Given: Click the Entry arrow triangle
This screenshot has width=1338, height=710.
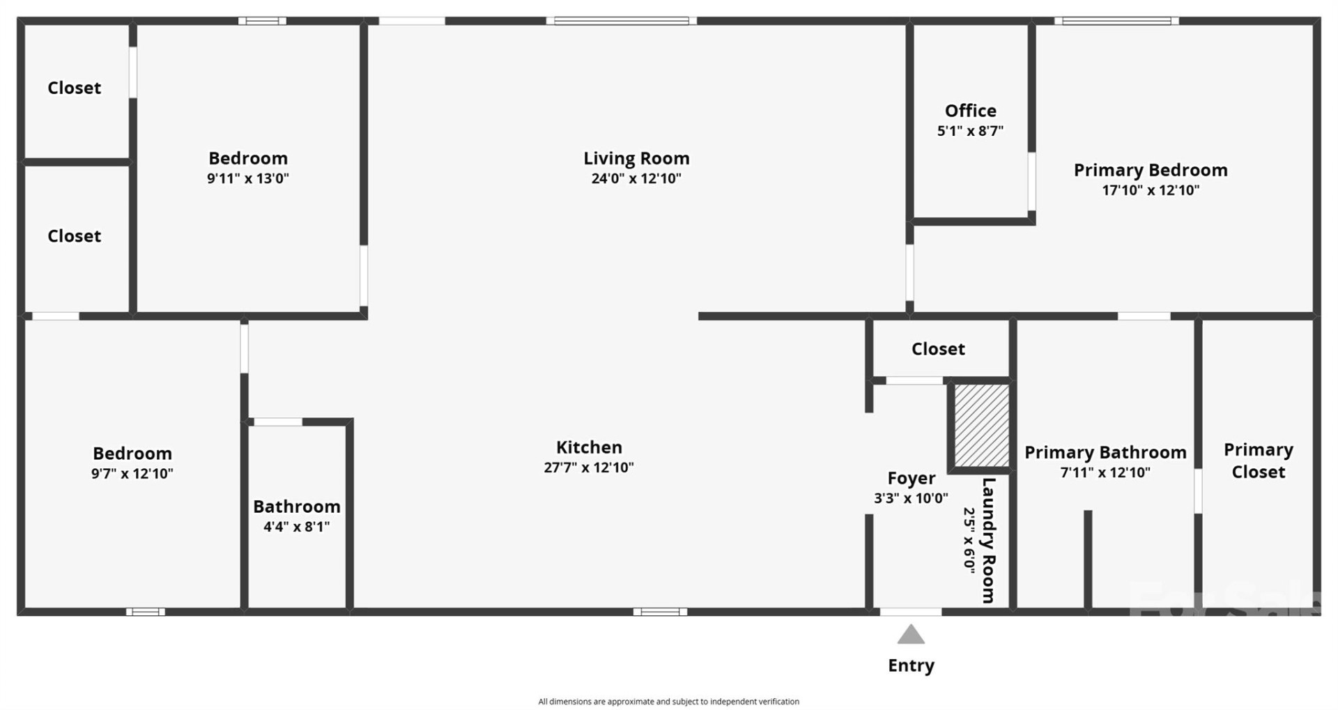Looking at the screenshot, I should point(910,635).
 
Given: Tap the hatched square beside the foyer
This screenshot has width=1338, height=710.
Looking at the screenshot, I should point(981,425).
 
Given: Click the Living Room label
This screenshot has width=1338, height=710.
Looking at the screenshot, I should point(636,159).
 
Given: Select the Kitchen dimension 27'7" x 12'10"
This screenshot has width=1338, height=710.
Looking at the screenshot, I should point(589,468).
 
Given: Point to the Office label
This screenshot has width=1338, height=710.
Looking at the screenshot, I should point(970,111).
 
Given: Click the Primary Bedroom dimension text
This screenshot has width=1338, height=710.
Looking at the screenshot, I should point(1150,190).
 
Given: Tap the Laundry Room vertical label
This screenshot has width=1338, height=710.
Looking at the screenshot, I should point(988,540).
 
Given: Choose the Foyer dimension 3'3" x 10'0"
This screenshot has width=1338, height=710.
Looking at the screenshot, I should point(911,498).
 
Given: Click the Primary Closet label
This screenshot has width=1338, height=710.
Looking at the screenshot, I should point(1258,461).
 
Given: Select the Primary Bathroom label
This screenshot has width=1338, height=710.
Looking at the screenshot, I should point(1105,452).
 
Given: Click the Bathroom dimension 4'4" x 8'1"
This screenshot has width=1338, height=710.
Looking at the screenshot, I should point(296,527).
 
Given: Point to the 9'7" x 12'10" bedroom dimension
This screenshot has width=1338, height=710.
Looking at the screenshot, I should point(132,474).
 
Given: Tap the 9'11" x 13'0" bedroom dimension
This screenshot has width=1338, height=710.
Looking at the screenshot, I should point(247,178).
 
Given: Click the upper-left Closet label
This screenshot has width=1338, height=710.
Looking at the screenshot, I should point(74,88).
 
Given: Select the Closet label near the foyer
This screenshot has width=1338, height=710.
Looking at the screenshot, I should point(938,349).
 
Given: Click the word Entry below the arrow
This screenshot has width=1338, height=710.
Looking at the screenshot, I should point(911,665).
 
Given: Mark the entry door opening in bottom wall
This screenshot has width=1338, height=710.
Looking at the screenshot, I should point(910,612).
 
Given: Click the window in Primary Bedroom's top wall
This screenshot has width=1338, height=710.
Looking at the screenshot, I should point(1116,21).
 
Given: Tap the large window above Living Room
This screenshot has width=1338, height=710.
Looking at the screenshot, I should point(621,21).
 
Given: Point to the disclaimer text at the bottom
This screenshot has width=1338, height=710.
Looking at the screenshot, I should point(668,702).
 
